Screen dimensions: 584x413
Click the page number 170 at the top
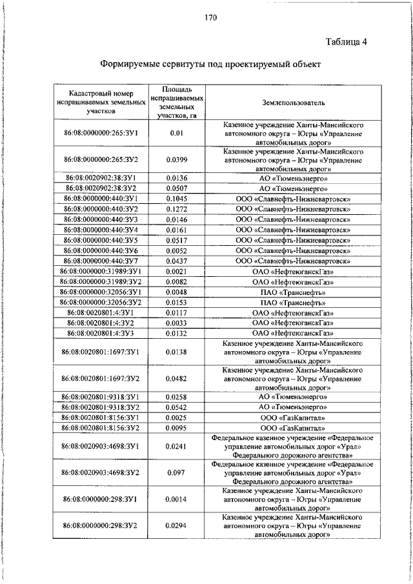point(210,17)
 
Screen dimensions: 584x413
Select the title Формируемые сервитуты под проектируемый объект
point(210,65)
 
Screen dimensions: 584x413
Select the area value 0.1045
point(176,199)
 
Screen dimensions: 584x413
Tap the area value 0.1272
point(176,209)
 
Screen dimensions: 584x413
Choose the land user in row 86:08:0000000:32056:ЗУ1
point(294,292)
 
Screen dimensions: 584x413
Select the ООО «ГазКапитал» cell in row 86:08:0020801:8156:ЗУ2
point(294,428)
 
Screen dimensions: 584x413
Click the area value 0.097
point(176,472)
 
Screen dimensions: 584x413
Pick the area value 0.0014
point(176,499)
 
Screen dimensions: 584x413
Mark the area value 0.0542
point(176,407)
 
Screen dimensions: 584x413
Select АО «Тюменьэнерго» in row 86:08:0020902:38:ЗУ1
point(294,177)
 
